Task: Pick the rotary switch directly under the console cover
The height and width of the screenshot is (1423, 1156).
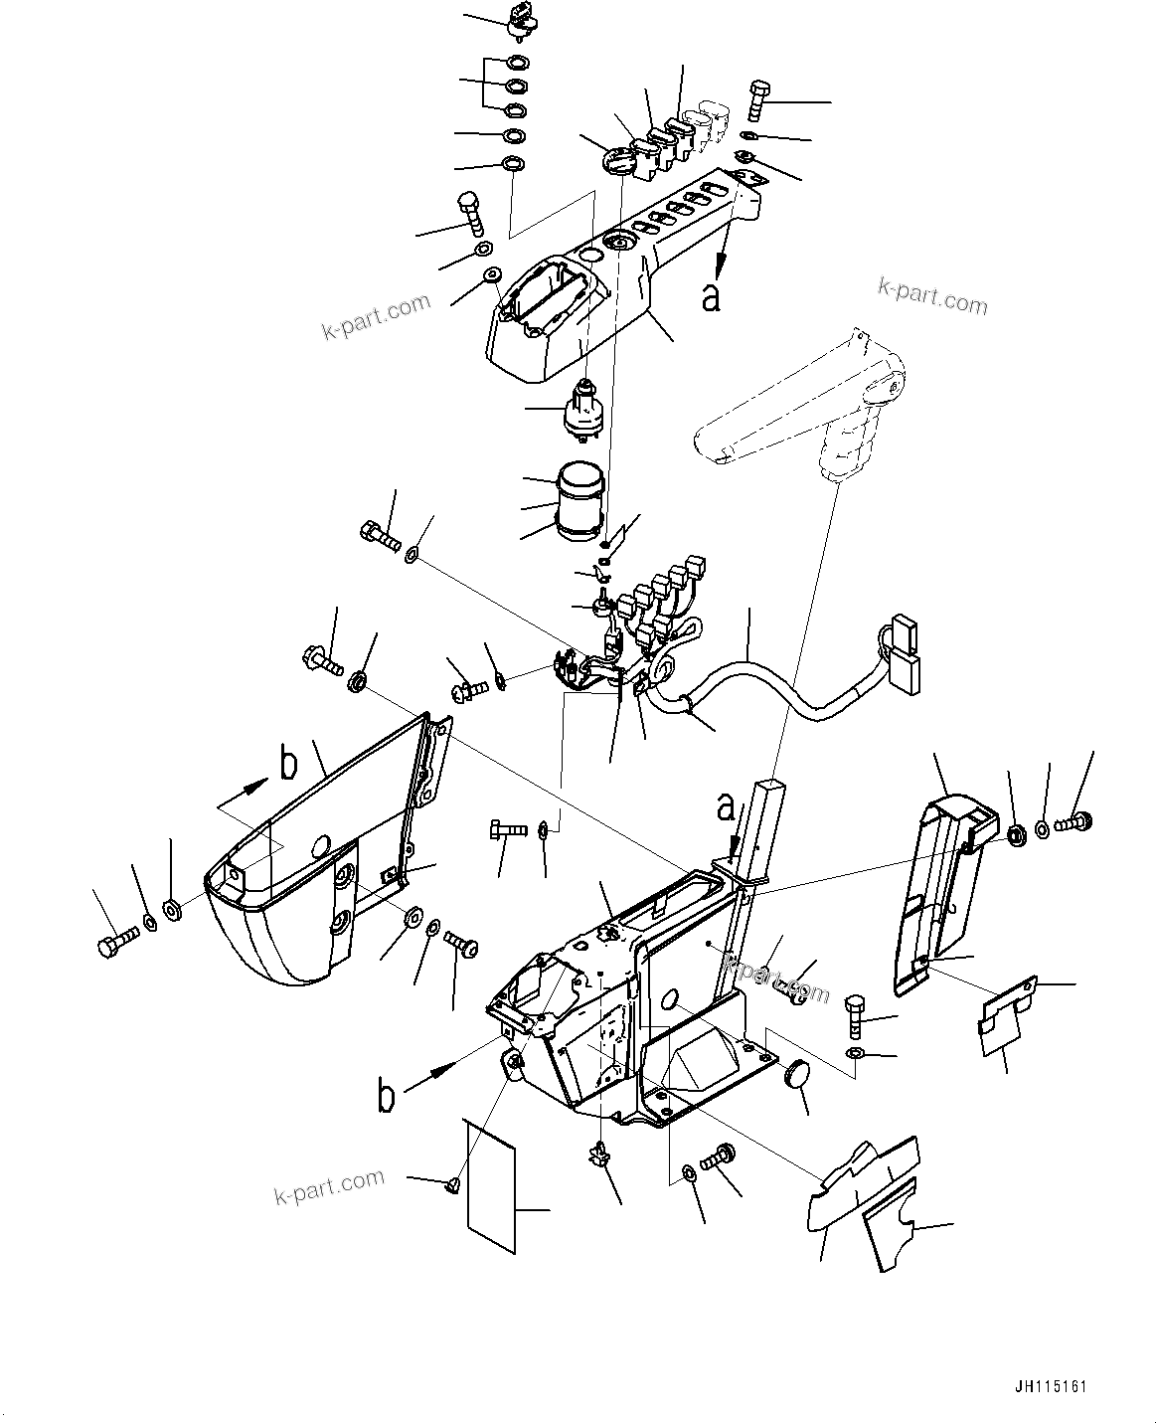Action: (x=585, y=411)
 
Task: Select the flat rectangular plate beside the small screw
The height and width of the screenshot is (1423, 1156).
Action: (x=491, y=1183)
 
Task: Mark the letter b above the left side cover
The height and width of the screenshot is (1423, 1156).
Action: (x=288, y=765)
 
